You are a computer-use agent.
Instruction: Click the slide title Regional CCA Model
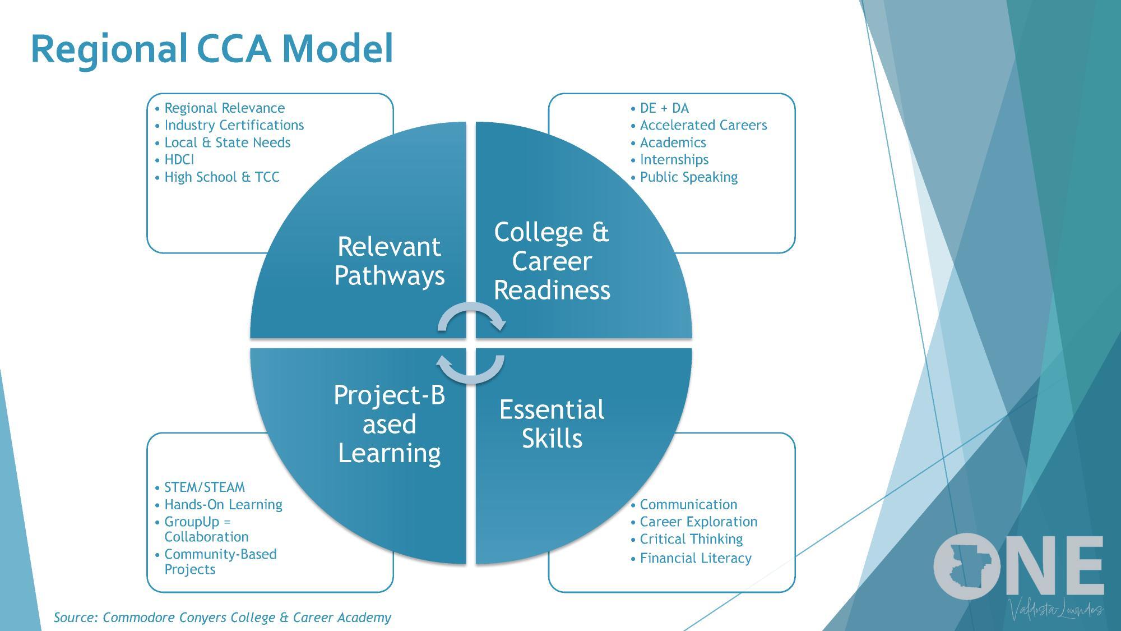point(212,49)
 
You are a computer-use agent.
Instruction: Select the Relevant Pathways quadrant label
point(389,261)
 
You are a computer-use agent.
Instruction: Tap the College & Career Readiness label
point(552,261)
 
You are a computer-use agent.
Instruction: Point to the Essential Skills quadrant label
point(552,424)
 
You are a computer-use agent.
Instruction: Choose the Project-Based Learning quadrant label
point(389,424)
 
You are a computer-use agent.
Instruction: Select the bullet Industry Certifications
point(234,125)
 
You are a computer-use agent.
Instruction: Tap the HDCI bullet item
point(179,160)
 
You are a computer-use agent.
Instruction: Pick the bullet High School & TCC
point(221,177)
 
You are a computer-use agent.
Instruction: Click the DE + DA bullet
point(664,108)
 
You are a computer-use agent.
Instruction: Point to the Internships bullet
point(674,160)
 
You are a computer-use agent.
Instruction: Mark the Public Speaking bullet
point(688,177)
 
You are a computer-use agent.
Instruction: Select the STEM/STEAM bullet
point(204,487)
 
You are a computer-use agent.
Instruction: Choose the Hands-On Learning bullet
point(223,505)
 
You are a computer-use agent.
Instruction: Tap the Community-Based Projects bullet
point(220,561)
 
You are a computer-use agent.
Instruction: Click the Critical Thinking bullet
point(691,539)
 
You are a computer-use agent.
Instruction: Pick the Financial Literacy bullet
point(695,558)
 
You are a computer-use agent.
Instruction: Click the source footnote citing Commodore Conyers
point(223,618)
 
